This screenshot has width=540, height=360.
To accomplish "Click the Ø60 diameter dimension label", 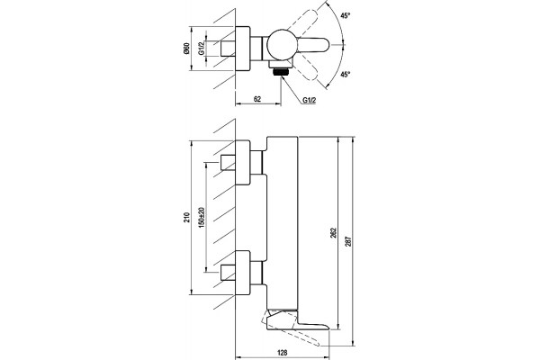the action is (x=186, y=49).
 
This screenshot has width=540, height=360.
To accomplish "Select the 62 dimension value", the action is (x=257, y=99).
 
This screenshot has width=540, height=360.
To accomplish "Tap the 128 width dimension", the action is (x=282, y=353).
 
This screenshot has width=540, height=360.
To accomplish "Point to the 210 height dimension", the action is (x=186, y=218).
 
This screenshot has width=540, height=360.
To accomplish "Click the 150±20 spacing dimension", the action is (x=202, y=217).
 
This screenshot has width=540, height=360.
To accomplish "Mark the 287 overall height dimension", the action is (x=348, y=240).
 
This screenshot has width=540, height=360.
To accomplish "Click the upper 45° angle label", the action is (x=346, y=15).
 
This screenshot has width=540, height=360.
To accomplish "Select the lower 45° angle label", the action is (x=346, y=74).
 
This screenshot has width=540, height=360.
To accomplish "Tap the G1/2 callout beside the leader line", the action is (x=310, y=100).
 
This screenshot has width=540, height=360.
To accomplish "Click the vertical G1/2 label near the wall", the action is (x=201, y=48).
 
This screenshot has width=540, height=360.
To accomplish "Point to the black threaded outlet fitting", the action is (x=281, y=72).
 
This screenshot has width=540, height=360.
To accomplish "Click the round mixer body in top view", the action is (x=282, y=45).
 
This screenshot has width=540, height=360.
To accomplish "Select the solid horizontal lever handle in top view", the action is (x=312, y=45).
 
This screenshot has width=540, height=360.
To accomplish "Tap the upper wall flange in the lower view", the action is (x=242, y=163).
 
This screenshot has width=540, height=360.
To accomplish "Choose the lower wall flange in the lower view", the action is (x=242, y=273).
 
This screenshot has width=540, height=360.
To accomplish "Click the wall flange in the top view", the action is (x=242, y=49).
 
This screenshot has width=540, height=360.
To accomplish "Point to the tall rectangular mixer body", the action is (x=283, y=223).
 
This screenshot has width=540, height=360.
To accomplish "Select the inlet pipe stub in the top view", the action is (x=228, y=49).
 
